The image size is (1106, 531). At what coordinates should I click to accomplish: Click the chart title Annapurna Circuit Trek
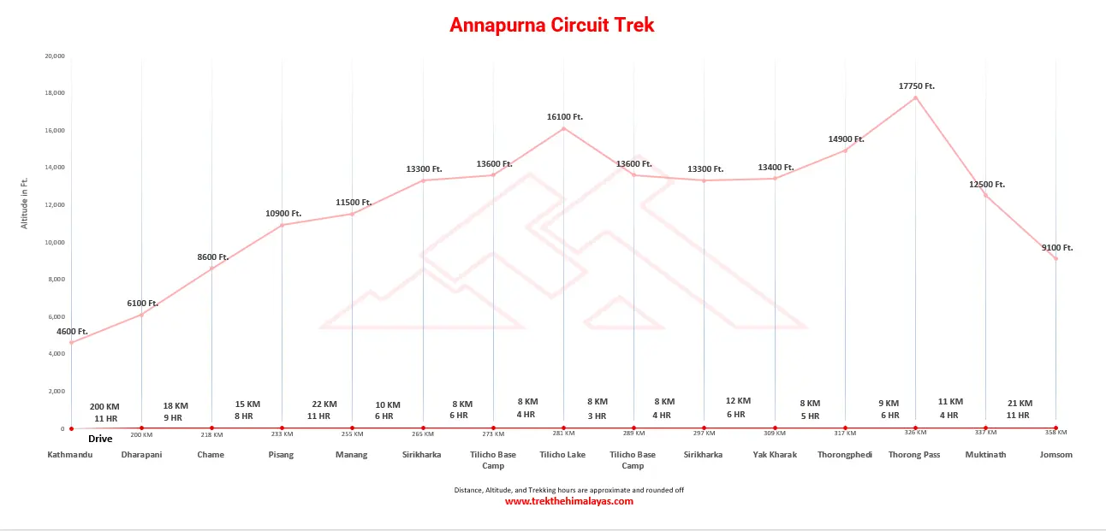(x=552, y=25)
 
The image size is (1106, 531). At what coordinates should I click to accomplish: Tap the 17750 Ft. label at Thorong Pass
(x=916, y=86)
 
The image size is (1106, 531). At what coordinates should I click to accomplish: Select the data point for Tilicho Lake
(x=563, y=128)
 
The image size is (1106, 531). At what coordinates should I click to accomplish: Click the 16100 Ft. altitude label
(x=564, y=116)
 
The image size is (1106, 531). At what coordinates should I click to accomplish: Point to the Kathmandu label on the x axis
(x=71, y=454)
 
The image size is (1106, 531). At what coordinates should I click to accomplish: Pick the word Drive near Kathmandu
(x=100, y=439)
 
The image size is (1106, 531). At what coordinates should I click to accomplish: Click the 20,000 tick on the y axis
(x=54, y=56)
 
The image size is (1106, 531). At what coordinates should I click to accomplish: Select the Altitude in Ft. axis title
(x=25, y=203)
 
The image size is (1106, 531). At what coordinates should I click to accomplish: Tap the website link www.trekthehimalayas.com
(x=568, y=501)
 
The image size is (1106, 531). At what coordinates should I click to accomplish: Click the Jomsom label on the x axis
(x=1055, y=454)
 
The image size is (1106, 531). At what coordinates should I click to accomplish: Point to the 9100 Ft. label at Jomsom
(x=1056, y=247)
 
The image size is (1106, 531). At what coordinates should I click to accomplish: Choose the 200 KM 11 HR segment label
(x=105, y=412)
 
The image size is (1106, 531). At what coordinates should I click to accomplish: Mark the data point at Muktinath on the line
(x=985, y=196)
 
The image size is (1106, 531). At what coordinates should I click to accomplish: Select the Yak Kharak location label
(x=774, y=454)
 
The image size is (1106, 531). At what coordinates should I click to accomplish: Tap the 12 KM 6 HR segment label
(x=737, y=407)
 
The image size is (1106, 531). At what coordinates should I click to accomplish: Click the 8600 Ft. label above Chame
(x=212, y=257)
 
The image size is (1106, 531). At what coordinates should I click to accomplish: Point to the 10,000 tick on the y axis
(x=54, y=242)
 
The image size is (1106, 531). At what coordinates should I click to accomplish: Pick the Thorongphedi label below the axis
(x=844, y=454)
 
